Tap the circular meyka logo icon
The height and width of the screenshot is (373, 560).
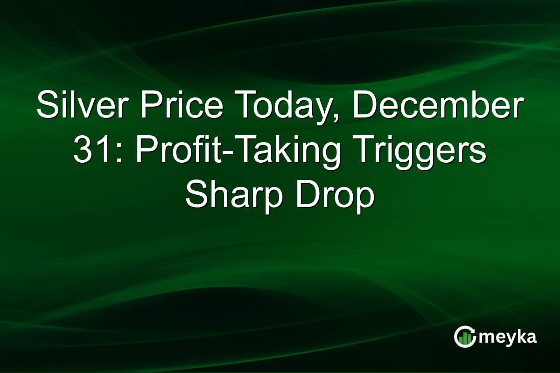[x=465, y=336]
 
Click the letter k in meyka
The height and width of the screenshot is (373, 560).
[x=522, y=336]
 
